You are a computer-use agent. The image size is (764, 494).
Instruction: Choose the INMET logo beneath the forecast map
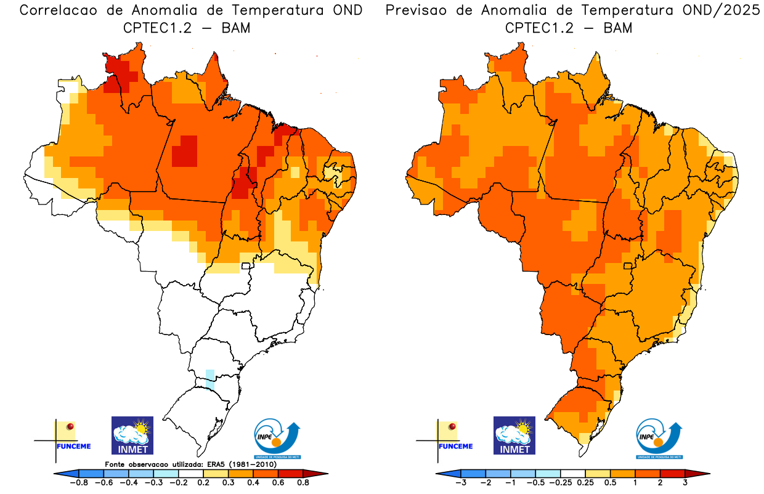514,435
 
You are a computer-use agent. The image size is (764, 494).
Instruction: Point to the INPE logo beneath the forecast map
659,439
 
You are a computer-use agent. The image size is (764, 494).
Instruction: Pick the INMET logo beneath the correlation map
132,435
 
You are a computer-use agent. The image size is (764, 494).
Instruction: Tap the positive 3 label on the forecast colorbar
685,483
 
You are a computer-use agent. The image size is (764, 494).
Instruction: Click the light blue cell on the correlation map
210,379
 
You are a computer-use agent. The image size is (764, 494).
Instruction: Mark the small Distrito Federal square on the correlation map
246,266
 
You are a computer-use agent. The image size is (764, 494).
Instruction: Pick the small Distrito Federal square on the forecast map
628,266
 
